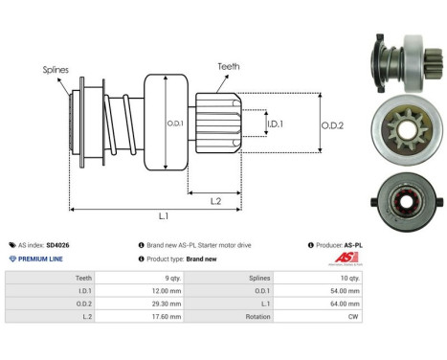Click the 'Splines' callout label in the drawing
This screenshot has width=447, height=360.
55,70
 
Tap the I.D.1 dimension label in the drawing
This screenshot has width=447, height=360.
274,124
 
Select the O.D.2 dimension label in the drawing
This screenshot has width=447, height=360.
333,123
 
